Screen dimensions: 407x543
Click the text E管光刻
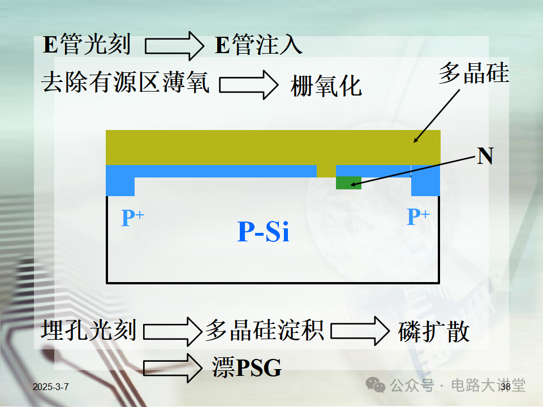click(x=87, y=45)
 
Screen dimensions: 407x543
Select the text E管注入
click(x=258, y=45)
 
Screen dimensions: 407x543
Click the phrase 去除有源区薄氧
click(x=125, y=84)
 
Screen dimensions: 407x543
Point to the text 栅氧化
click(x=326, y=86)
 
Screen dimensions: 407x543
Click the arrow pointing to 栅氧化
click(x=248, y=85)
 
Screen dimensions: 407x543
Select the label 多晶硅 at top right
click(x=474, y=73)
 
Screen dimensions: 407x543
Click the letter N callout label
click(x=485, y=156)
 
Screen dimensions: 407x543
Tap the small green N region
click(x=348, y=183)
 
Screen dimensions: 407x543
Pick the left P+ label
click(x=133, y=218)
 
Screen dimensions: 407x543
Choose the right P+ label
click(x=419, y=217)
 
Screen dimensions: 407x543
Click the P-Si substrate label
click(x=263, y=232)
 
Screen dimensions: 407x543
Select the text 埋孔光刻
click(x=89, y=330)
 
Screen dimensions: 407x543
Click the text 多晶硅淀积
click(x=264, y=330)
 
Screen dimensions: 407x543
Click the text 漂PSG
click(x=247, y=368)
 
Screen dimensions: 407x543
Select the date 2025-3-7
click(x=51, y=387)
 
